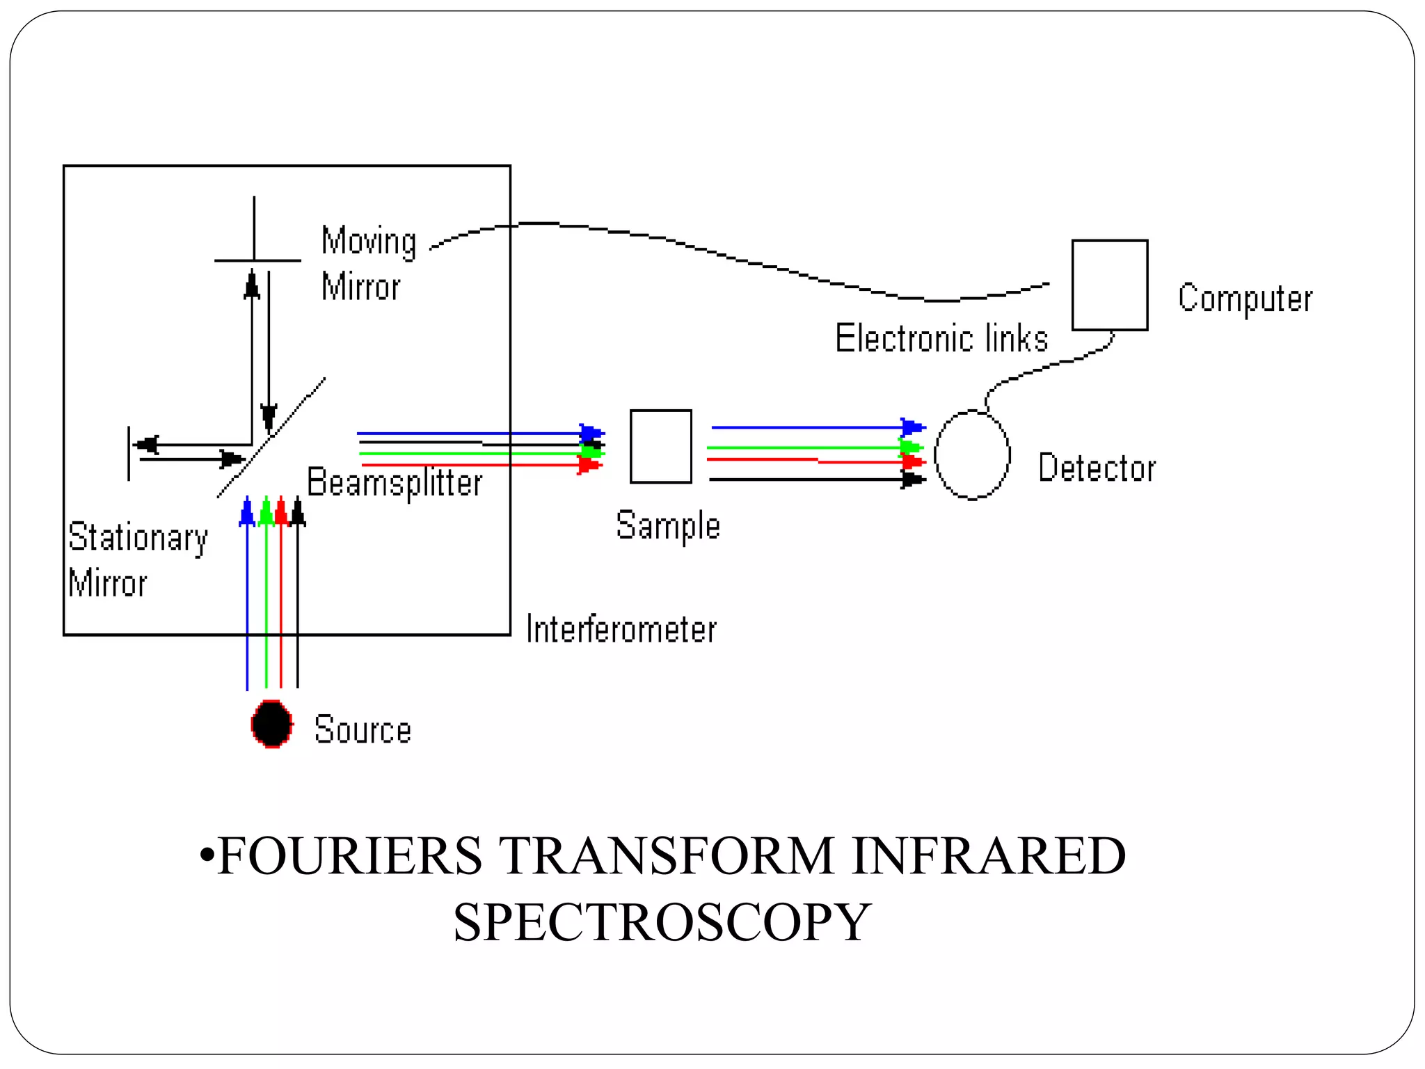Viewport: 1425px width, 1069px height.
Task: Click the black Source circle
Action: pos(271,724)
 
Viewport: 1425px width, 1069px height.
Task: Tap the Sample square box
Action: pos(660,446)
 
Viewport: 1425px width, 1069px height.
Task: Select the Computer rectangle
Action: pos(1109,285)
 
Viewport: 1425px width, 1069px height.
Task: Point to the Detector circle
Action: pos(971,454)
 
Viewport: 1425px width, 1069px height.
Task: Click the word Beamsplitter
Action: pos(395,482)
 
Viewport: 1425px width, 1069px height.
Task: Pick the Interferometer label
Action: pos(621,629)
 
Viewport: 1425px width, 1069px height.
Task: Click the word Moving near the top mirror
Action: pos(369,241)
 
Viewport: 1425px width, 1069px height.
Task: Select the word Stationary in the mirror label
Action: pos(138,537)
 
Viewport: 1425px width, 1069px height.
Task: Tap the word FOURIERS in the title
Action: pos(349,855)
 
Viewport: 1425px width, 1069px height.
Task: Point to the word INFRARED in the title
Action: pos(988,855)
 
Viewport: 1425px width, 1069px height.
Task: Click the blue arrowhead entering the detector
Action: pos(911,427)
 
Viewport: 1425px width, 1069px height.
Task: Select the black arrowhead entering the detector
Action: pos(911,479)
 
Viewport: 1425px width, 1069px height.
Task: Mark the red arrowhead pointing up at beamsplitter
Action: pos(280,512)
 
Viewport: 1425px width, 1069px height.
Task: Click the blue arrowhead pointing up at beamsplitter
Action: pos(247,512)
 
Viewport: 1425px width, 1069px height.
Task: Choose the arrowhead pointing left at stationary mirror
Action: pos(148,444)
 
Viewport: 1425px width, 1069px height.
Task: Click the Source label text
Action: pos(363,729)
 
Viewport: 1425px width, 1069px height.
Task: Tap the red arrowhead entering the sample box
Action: pos(589,465)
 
